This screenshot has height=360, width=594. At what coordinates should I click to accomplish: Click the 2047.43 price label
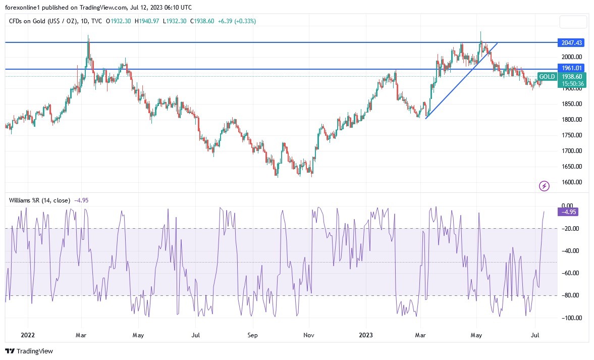(x=570, y=42)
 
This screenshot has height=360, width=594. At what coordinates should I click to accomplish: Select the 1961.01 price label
(x=570, y=68)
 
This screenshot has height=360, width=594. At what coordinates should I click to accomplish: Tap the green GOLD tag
(x=547, y=77)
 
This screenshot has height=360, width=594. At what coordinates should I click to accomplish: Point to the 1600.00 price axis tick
(x=572, y=182)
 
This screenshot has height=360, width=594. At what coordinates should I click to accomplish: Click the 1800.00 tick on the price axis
(x=572, y=120)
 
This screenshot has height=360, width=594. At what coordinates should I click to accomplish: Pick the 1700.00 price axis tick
(x=572, y=151)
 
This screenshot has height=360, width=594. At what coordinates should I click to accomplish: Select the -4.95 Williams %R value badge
(x=568, y=212)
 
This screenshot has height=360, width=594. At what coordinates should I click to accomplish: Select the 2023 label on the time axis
(x=366, y=334)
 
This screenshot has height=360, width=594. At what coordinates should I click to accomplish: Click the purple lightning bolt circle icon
(x=545, y=186)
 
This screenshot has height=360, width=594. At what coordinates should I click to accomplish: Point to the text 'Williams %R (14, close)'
(x=40, y=200)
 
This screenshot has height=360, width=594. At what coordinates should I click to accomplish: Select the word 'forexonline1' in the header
(x=24, y=7)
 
